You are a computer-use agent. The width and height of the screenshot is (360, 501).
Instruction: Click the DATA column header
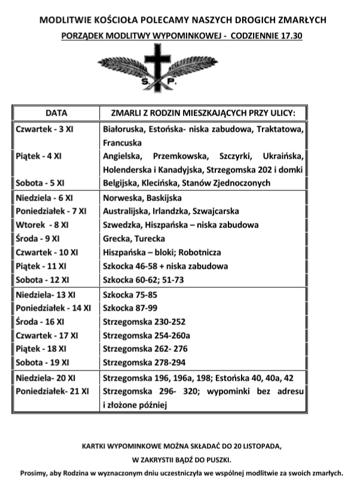point(56,112)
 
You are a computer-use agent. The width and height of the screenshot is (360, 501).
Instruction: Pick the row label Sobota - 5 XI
point(40,183)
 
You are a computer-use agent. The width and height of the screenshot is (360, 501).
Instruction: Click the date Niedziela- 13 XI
point(45,294)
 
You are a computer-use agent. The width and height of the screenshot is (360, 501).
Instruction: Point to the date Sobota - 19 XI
point(42,362)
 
